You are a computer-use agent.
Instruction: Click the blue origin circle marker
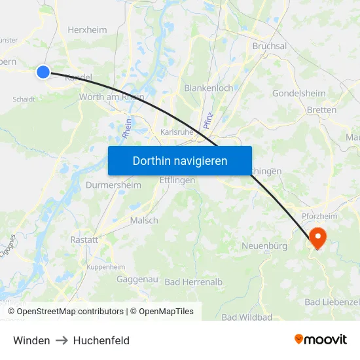(43, 72)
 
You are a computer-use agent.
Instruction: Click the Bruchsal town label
(269, 46)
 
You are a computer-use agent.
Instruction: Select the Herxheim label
(87, 29)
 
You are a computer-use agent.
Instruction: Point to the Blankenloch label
(208, 88)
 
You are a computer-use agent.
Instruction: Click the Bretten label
(321, 110)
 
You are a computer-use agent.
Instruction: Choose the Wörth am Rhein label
(111, 97)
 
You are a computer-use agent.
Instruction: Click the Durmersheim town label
(113, 185)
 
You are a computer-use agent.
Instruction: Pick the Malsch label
(144, 221)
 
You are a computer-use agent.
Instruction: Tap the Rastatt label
(84, 240)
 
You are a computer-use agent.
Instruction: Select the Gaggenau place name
(137, 279)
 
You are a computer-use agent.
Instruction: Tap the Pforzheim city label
(321, 217)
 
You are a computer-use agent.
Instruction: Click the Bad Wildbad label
(247, 317)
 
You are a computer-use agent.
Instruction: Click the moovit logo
(320, 339)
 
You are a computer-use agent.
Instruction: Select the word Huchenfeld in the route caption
(101, 340)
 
